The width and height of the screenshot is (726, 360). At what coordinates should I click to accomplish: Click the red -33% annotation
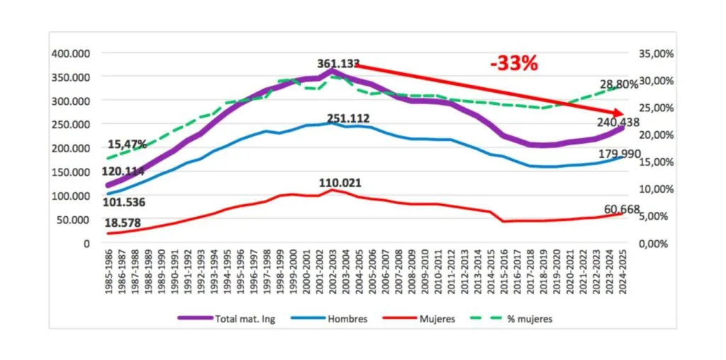[514, 63]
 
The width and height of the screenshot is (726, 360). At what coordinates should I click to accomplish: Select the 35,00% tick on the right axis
[652, 53]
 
